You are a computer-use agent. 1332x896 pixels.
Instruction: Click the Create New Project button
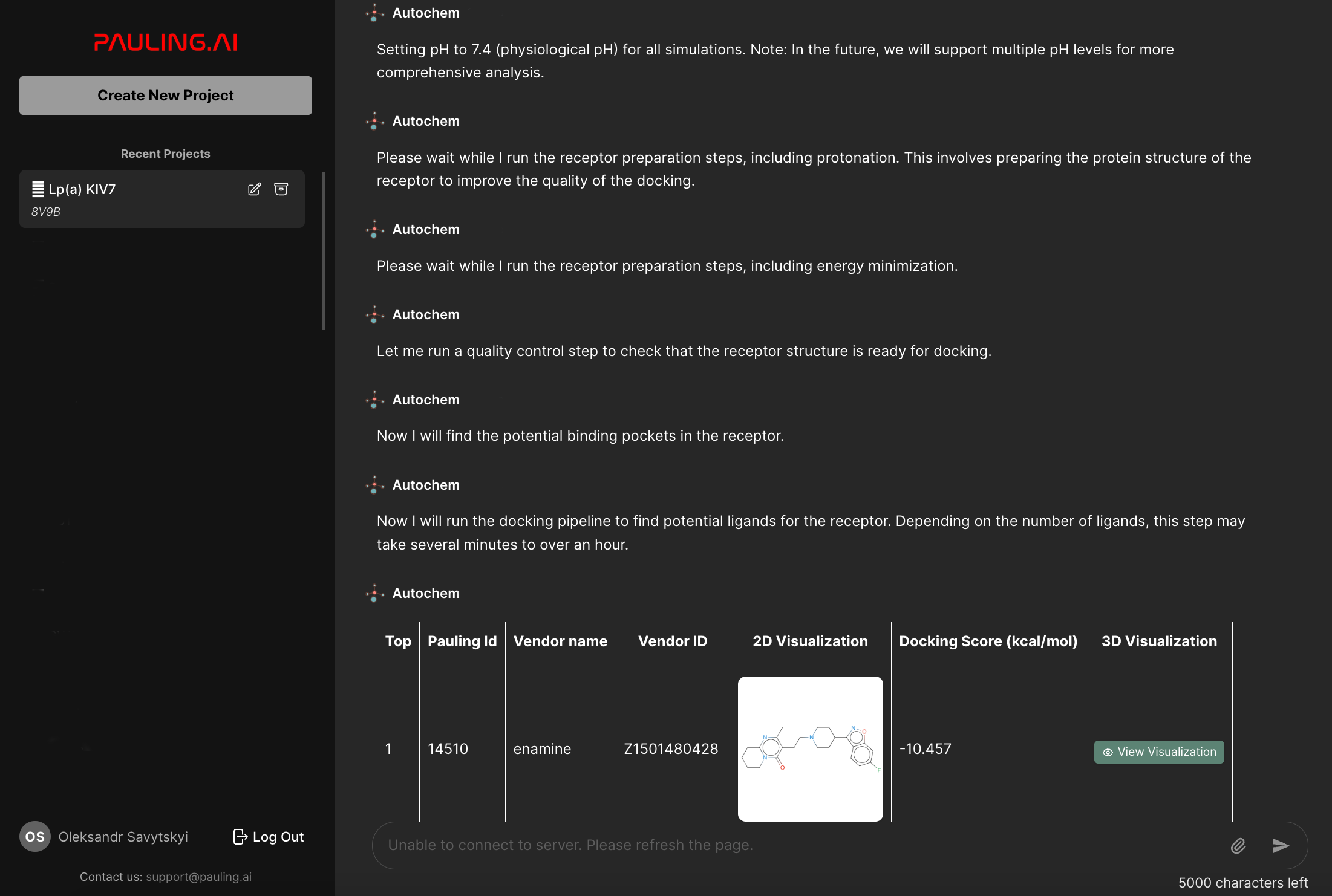click(x=165, y=96)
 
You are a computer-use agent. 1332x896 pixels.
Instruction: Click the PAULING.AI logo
click(x=165, y=42)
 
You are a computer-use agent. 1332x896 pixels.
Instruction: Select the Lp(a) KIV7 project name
click(x=82, y=189)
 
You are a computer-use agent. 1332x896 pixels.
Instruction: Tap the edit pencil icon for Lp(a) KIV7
click(x=255, y=189)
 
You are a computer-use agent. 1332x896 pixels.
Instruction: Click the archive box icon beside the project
click(x=281, y=189)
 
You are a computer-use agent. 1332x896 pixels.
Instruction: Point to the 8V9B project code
click(x=46, y=212)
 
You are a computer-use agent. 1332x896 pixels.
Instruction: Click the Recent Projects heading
click(x=165, y=154)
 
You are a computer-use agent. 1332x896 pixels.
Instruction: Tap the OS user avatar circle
click(x=34, y=837)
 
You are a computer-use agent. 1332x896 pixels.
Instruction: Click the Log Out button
click(x=269, y=837)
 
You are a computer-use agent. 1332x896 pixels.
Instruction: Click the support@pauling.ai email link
click(x=198, y=877)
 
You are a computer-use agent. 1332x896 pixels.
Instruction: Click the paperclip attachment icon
click(x=1238, y=845)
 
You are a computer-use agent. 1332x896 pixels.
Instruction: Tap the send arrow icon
click(x=1280, y=845)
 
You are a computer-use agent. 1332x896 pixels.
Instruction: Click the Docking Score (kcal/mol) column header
click(x=988, y=641)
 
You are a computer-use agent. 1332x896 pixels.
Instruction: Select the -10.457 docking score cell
click(x=925, y=749)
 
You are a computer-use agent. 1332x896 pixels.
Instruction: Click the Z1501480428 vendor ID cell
click(x=671, y=749)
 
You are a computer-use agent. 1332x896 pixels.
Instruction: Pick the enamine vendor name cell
click(x=542, y=749)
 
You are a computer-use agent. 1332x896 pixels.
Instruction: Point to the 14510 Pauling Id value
click(x=448, y=749)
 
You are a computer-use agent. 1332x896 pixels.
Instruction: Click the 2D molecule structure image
click(x=810, y=748)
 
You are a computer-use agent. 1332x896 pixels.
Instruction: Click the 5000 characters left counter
click(x=1242, y=883)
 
